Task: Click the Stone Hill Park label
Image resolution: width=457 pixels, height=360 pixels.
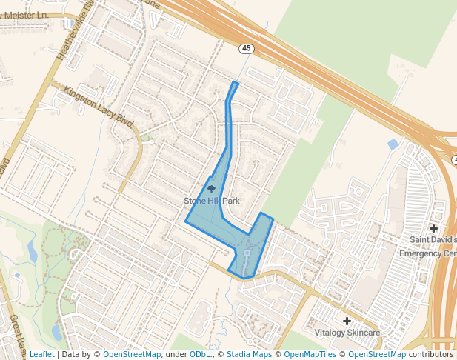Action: coord(212,201)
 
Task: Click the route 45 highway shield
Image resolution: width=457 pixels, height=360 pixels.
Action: coord(245,48)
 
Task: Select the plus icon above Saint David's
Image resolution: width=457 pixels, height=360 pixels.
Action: coord(433,228)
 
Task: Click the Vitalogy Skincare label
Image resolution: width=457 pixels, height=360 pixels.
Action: coord(347,333)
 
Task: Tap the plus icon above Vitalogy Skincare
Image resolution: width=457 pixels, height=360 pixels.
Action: coord(347,320)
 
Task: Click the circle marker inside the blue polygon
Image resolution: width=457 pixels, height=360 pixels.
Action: coord(247,253)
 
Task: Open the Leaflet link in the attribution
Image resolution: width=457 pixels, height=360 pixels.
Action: coord(41,354)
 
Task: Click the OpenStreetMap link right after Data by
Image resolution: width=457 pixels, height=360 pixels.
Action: coord(132,354)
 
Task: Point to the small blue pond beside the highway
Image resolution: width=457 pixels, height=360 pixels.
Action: coord(393,144)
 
